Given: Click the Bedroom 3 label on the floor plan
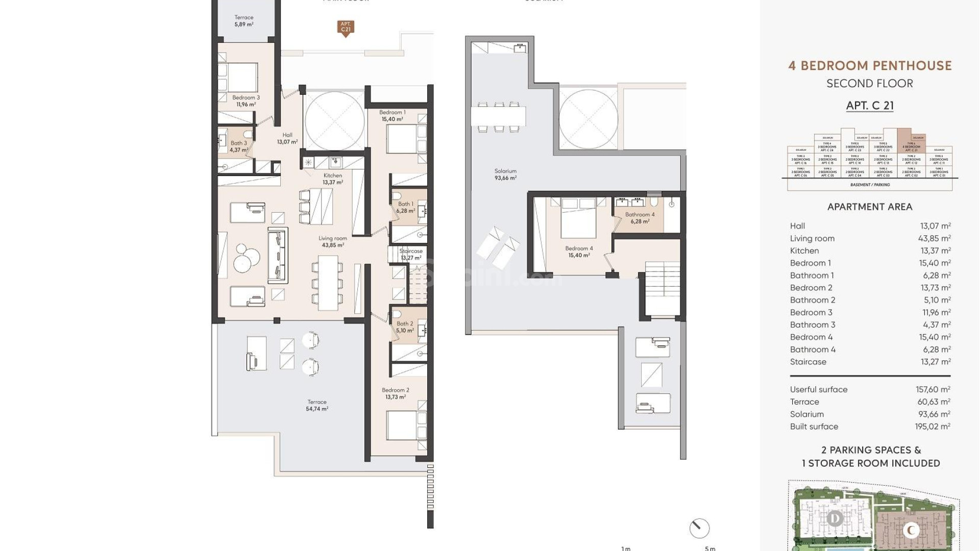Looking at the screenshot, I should point(246,101).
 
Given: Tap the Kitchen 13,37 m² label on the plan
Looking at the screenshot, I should point(332,179).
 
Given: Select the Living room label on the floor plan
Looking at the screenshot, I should point(333,241).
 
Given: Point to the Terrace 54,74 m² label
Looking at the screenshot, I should point(317,405).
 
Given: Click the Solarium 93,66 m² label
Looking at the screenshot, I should point(505,174).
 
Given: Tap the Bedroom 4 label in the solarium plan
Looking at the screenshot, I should point(579,252).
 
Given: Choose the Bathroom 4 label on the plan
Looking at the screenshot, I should point(640,218).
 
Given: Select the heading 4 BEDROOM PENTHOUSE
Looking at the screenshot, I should point(870,66).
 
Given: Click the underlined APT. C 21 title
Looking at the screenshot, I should point(870,106).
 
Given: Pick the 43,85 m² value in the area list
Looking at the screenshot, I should point(934,238).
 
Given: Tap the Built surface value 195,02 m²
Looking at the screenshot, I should point(933,427).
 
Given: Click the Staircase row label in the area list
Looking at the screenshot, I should point(808,362).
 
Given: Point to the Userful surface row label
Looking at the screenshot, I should point(819,389).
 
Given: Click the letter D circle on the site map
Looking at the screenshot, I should point(835,519).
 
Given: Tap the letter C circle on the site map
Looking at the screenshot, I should point(911,531).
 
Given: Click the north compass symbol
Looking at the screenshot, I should point(699,529).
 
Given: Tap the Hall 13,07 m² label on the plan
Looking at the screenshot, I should point(287,138).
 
